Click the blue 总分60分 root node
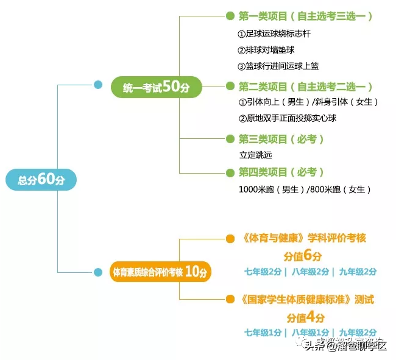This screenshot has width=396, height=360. (x=41, y=179)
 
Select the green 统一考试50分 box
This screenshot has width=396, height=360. (x=156, y=87)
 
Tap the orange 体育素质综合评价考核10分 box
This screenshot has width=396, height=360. (x=160, y=272)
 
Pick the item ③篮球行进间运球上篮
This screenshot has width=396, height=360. (x=278, y=66)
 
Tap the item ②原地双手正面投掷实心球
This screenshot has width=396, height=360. (x=288, y=118)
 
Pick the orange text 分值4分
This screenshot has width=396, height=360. (x=306, y=317)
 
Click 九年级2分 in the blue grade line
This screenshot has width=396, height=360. (x=358, y=272)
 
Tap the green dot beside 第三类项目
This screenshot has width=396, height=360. (x=230, y=139)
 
